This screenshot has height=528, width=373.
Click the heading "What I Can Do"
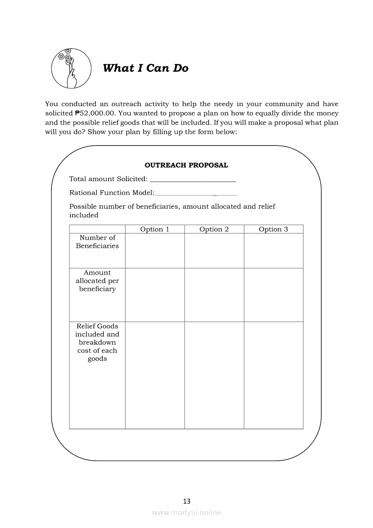(x=145, y=68)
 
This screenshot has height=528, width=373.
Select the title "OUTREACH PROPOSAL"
(x=186, y=165)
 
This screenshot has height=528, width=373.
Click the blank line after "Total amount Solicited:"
(x=193, y=180)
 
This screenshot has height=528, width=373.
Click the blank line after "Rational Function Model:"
(x=196, y=193)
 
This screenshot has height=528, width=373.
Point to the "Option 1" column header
(x=154, y=229)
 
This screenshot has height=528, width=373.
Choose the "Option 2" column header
(x=214, y=229)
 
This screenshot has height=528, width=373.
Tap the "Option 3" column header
(x=273, y=229)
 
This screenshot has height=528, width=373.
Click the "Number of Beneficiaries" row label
(x=97, y=242)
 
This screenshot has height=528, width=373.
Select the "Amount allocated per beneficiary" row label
(x=97, y=281)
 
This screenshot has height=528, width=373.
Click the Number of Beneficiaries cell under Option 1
(x=154, y=251)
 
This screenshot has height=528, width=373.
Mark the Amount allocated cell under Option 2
(x=214, y=295)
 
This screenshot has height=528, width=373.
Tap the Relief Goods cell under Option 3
(x=273, y=375)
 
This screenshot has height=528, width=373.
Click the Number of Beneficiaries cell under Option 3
(x=273, y=251)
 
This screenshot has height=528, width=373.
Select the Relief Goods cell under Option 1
(x=154, y=375)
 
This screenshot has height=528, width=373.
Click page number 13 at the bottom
(x=186, y=501)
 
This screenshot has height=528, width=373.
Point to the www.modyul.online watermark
(x=186, y=512)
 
